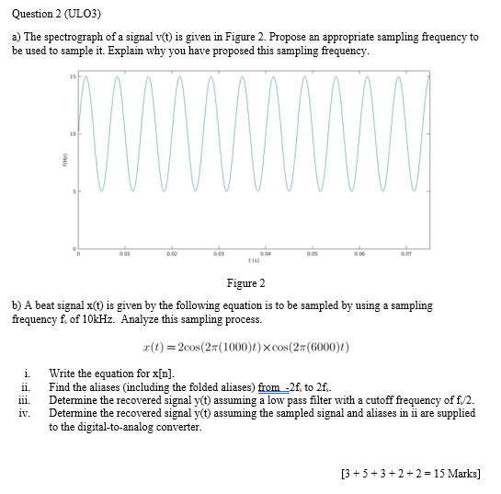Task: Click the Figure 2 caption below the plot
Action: tap(245, 283)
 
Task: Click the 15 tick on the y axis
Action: tap(72, 74)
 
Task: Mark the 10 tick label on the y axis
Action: tap(71, 133)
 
